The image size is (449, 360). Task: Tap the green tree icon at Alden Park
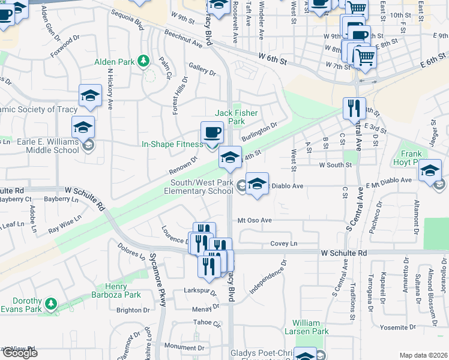[x=143, y=61]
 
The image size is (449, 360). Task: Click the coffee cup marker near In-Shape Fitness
[x=211, y=132]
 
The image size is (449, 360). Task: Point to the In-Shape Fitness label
[x=172, y=144]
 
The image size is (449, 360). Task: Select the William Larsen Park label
[x=312, y=326]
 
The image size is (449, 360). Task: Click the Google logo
[x=20, y=352]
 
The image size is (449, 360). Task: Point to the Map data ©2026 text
[x=423, y=355]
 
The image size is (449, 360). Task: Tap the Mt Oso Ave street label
[x=255, y=220]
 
